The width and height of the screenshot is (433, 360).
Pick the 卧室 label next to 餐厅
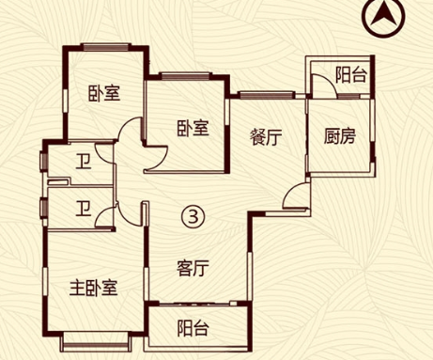192,130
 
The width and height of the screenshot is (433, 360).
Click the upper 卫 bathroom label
85,162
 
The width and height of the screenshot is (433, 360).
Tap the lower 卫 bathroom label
85,208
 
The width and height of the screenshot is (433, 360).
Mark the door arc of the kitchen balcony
320,86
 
